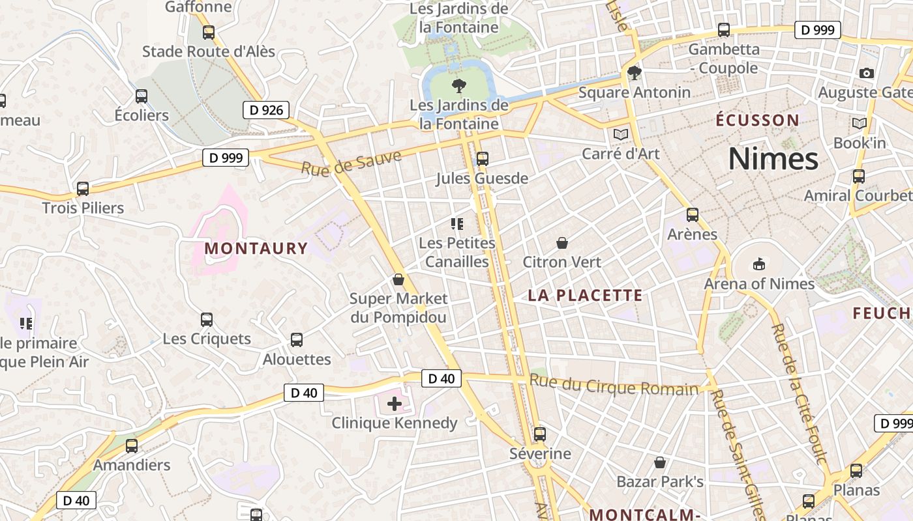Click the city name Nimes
pos(773,159)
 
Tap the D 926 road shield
pos(266,110)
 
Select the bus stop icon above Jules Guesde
pos(483,158)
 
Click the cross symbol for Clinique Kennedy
pos(395,404)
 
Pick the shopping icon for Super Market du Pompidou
pos(398,280)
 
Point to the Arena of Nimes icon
pos(758,264)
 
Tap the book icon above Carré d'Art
pos(620,134)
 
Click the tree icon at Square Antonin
pos(634,73)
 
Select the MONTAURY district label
pos(256,248)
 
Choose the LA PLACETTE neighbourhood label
pos(585,296)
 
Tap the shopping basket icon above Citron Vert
pos(562,244)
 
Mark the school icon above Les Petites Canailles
pos(457,224)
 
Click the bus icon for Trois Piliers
pos(83,189)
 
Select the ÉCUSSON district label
pos(757,120)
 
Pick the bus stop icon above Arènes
pos(693,215)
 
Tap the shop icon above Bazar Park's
pos(660,462)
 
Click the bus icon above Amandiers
pos(132,446)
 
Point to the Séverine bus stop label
pos(540,454)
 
